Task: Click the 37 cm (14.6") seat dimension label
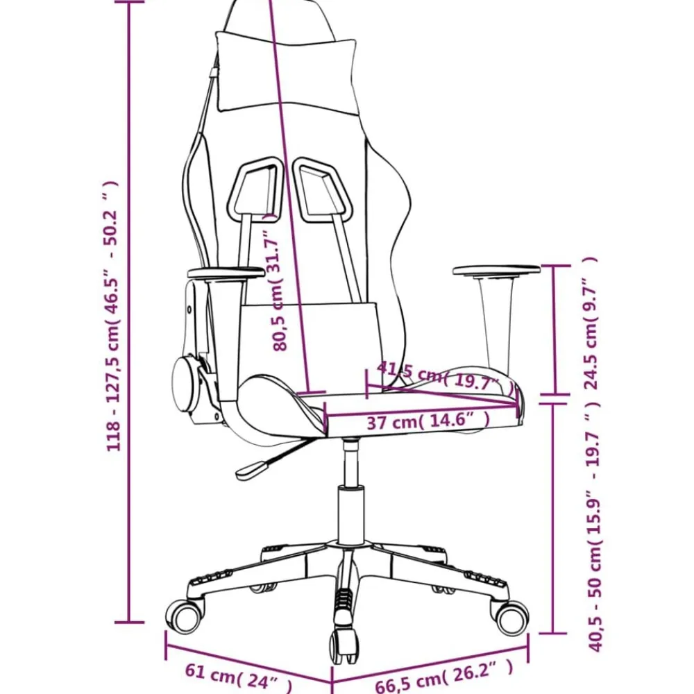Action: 428,421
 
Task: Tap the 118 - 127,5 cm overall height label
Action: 110,316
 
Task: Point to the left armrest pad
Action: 226,273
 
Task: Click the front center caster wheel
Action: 343,645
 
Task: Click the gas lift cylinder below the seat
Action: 350,514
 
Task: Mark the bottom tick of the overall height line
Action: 129,623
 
